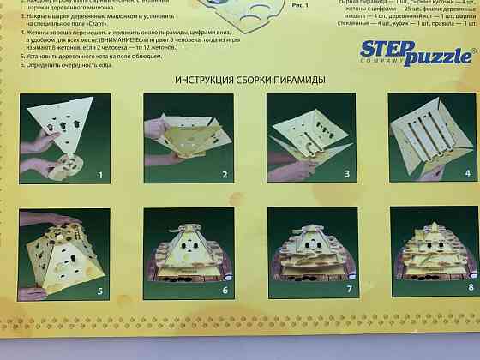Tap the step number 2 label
[225, 176]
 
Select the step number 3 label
[347, 175]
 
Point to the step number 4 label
[468, 172]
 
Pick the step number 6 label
[225, 290]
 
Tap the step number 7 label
[348, 289]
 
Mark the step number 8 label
[471, 287]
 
